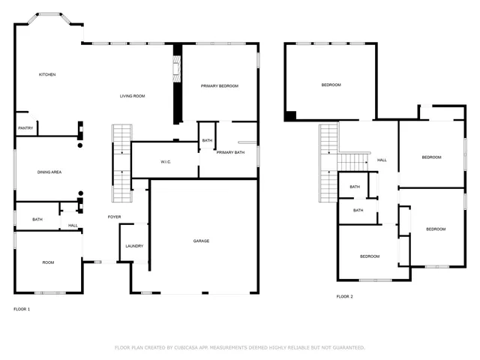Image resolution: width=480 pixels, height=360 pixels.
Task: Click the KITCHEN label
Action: click(47, 74)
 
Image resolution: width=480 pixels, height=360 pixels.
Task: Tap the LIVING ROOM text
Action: click(133, 96)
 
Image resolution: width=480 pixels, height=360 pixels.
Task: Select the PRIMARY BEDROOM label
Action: click(219, 86)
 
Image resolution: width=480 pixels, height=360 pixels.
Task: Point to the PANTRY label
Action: click(25, 128)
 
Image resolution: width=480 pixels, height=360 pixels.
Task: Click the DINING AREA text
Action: click(49, 172)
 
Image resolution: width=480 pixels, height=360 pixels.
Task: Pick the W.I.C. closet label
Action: click(166, 162)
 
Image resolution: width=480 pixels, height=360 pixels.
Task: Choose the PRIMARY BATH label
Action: click(230, 153)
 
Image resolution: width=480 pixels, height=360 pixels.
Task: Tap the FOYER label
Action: click(114, 217)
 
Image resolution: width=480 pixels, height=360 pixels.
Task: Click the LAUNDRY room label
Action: click(134, 246)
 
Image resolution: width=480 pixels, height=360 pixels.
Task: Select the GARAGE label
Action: click(201, 241)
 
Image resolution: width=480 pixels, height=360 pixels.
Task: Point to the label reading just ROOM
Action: click(48, 262)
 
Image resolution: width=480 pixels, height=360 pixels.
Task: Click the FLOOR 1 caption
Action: click(22, 309)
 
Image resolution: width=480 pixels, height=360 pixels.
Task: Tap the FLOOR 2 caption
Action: click(344, 297)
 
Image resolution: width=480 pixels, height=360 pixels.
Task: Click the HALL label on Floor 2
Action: click(382, 160)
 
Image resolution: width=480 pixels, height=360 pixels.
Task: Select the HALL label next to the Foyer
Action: click(73, 225)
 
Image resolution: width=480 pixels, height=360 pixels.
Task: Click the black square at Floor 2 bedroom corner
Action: click(290, 116)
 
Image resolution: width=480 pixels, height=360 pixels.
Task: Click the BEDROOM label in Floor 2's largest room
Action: click(331, 85)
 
